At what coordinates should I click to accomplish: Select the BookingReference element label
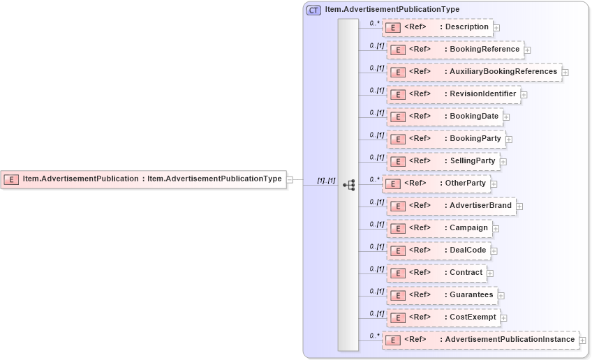tap(484, 50)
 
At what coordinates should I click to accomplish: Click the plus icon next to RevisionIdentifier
tap(524, 95)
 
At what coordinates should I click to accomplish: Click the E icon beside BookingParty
tap(397, 139)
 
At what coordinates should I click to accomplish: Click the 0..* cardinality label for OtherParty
tap(375, 179)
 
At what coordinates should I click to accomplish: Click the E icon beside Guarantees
tap(397, 295)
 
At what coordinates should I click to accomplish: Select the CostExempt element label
tap(473, 317)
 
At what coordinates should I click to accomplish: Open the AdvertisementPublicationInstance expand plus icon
tap(583, 340)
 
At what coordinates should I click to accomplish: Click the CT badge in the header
tap(314, 10)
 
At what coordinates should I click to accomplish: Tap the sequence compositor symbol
tap(348, 185)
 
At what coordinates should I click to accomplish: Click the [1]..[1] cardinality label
tap(326, 180)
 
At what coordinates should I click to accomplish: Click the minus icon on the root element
tap(290, 179)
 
